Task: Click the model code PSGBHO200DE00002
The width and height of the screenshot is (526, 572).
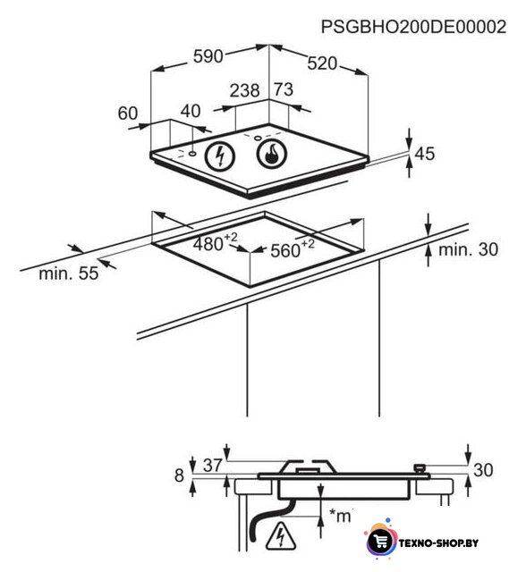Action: [413, 27]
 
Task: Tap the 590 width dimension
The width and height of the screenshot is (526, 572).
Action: [208, 56]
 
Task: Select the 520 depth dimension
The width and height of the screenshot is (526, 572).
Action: [322, 63]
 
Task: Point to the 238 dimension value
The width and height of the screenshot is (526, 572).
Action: [244, 90]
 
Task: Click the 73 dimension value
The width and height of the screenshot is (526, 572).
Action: [284, 89]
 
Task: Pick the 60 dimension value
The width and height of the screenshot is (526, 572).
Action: [128, 114]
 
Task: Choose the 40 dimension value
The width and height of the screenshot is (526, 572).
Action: [191, 111]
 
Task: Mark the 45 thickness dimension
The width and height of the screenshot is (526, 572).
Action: [425, 154]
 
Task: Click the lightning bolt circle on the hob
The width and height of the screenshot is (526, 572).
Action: [219, 156]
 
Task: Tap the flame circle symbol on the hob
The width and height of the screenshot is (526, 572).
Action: [272, 154]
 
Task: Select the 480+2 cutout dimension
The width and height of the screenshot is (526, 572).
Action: [216, 242]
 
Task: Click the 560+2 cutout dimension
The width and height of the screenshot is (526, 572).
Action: [293, 248]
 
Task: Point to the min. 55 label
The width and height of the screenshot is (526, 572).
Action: [69, 273]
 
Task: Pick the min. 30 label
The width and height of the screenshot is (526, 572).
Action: [469, 249]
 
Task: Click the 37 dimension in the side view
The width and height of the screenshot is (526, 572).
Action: [213, 465]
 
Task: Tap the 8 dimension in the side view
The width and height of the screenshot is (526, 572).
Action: [179, 475]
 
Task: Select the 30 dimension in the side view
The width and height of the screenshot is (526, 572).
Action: [483, 470]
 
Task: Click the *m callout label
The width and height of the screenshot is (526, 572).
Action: [340, 515]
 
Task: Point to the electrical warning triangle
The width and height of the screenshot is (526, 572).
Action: [280, 536]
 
